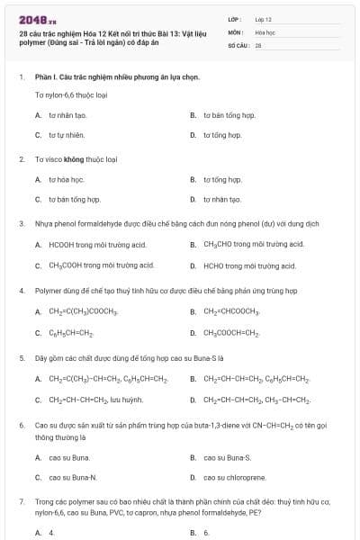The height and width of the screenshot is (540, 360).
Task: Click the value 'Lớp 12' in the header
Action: (264, 18)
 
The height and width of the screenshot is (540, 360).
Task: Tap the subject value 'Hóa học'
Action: (265, 31)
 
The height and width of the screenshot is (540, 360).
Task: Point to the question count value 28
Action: (258, 44)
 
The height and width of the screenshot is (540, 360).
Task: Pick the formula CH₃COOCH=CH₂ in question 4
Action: (231, 333)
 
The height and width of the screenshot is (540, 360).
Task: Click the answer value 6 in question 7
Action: (206, 532)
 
